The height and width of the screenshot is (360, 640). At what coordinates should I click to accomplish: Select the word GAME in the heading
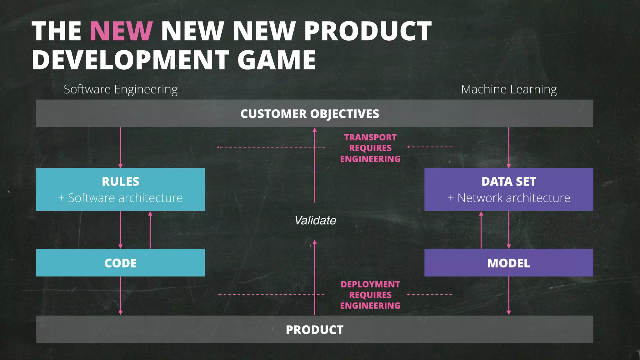(277, 60)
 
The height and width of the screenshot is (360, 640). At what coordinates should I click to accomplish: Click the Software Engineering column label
(121, 89)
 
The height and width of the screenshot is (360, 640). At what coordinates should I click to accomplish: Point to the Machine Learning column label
(509, 89)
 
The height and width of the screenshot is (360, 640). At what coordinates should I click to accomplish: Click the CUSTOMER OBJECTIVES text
(310, 114)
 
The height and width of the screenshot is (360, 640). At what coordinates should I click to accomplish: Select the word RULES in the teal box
(121, 182)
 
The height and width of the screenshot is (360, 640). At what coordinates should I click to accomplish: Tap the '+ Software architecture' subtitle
(121, 198)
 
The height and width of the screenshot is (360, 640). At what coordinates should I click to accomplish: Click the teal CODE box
(121, 263)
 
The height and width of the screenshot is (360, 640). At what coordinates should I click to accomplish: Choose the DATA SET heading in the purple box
(509, 182)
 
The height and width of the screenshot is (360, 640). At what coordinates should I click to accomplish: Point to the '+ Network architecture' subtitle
(509, 198)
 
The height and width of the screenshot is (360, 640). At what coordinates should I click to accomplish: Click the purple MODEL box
(509, 263)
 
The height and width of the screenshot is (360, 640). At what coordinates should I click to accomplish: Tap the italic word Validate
(315, 220)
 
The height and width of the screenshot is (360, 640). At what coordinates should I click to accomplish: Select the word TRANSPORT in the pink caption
(370, 137)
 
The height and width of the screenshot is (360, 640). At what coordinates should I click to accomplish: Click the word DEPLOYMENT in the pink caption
(370, 284)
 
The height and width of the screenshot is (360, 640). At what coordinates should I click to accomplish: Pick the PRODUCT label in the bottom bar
(314, 330)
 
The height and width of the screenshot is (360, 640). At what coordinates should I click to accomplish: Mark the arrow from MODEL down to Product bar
(509, 296)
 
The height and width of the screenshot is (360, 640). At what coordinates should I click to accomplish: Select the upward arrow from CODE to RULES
(150, 230)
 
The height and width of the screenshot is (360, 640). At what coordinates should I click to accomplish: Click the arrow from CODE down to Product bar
(121, 296)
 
